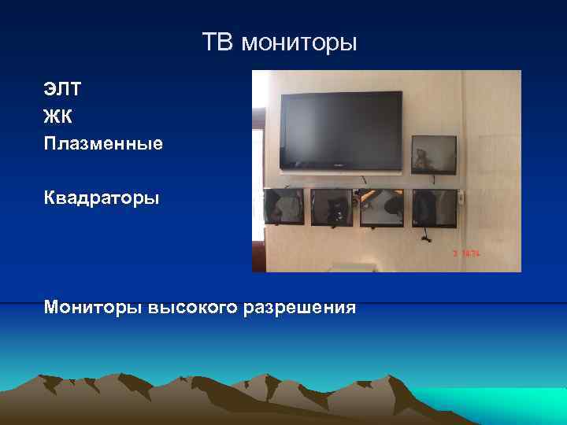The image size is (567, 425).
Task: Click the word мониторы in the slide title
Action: click(299, 42)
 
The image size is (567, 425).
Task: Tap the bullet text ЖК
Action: click(58, 116)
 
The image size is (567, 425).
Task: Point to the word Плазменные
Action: click(103, 143)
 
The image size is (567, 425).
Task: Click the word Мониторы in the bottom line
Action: click(94, 306)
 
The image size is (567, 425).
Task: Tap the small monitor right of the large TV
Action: click(434, 154)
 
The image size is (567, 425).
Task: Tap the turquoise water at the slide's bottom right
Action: click(504, 401)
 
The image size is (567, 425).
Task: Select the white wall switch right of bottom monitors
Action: click(462, 196)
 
